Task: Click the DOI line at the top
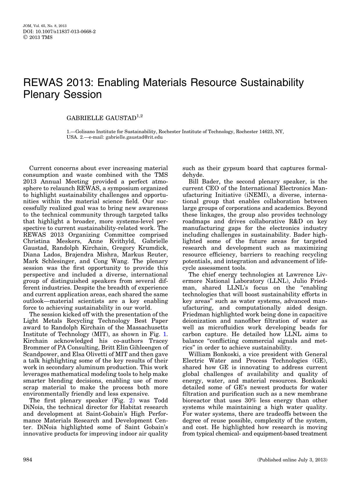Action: pos(59,31)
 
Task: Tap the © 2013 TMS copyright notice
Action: pos(38,37)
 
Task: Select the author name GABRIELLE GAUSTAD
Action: pos(101,118)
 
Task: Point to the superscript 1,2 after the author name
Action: pos(140,116)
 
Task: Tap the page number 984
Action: pos(27,460)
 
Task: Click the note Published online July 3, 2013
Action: pos(292,460)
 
